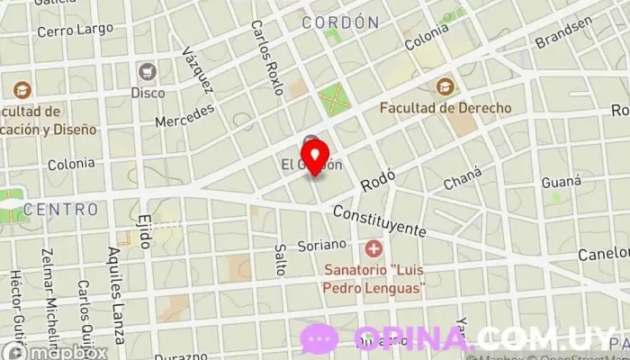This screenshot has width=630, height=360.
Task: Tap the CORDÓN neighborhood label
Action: click(339, 22)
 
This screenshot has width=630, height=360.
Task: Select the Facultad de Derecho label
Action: click(445, 108)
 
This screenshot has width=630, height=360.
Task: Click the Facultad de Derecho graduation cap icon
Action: click(445, 87)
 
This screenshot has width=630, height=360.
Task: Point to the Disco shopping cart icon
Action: click(147, 71)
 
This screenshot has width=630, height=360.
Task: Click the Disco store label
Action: click(148, 92)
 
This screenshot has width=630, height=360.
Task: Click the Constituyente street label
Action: click(391, 221)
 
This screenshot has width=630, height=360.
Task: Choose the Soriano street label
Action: click(321, 244)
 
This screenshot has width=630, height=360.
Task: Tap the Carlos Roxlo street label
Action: click(266, 58)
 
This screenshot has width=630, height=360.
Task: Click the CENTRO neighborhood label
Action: click(60, 210)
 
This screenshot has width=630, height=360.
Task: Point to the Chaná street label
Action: click(463, 178)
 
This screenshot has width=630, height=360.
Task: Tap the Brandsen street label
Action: click(564, 33)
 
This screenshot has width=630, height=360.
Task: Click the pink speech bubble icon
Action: click(319, 338)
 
